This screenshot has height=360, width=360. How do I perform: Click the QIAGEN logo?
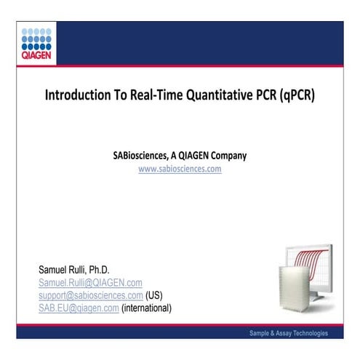click(36, 42)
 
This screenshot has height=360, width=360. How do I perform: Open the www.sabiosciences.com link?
click(180, 168)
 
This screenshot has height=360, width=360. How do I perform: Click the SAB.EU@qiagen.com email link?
click(79, 308)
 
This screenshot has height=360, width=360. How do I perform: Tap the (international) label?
click(146, 308)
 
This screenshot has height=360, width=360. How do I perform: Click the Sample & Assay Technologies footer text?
click(288, 333)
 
